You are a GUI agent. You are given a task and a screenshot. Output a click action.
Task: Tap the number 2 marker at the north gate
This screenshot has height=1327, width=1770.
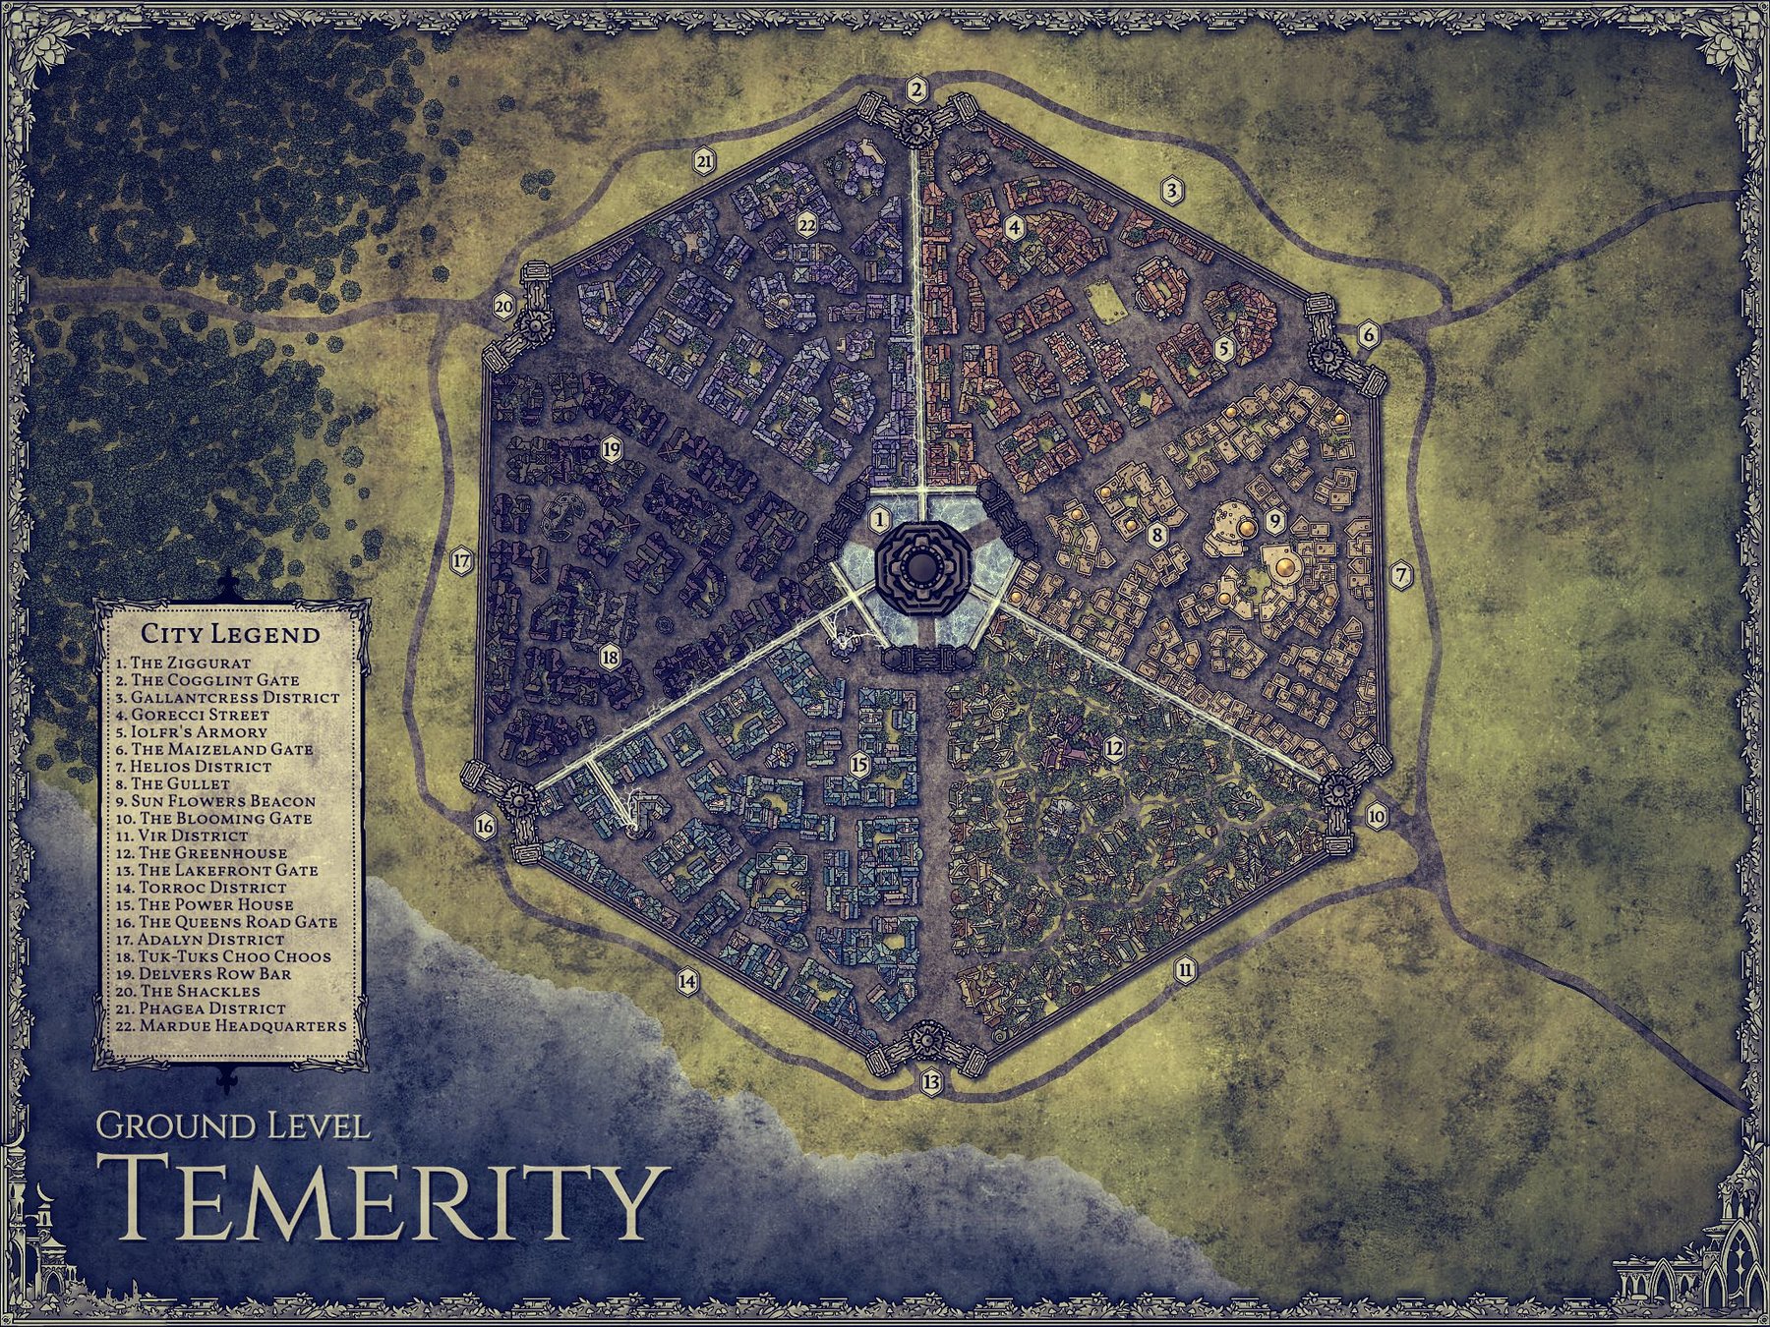click(x=917, y=90)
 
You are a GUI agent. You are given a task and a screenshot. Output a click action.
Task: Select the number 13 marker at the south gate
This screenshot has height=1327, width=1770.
click(x=931, y=1082)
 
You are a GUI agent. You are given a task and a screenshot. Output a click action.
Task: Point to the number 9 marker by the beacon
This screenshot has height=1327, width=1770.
click(x=1275, y=520)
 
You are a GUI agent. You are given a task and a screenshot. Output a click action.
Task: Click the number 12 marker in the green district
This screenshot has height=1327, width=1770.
click(x=1113, y=749)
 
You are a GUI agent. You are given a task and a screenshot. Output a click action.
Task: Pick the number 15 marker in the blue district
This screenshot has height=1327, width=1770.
click(x=859, y=765)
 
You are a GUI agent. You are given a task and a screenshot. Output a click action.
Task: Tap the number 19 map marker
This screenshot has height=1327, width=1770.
click(x=611, y=450)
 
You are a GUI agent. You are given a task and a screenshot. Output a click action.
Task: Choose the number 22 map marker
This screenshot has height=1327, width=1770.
click(x=807, y=225)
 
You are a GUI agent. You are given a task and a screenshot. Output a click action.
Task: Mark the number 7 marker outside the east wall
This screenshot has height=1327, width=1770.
click(x=1401, y=574)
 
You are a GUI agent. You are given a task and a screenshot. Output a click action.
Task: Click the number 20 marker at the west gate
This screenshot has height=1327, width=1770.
click(x=503, y=307)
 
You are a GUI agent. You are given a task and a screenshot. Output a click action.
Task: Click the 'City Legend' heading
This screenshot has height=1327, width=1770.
click(x=230, y=634)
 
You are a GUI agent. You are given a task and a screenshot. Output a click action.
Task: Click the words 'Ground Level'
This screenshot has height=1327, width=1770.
click(x=233, y=1125)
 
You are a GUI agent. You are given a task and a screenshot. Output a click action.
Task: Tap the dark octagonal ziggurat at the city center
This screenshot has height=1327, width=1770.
click(x=922, y=567)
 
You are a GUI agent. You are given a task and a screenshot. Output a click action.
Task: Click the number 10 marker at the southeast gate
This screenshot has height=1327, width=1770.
click(x=1376, y=816)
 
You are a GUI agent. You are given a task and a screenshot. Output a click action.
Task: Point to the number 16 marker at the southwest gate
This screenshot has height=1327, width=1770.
click(x=485, y=826)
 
